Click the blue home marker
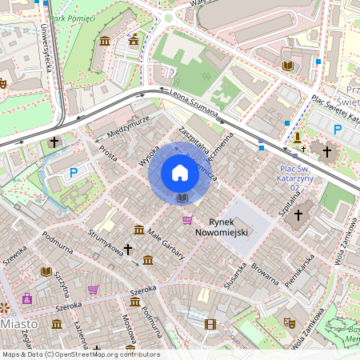pos(180,173)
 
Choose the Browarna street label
pos(264,274)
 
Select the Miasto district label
pos(19,324)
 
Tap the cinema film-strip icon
pos(210,324)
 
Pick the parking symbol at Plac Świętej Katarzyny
pos(337,129)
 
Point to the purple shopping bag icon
pos(27,298)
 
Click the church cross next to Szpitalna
pos(298,214)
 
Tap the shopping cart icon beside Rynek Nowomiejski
pos(187,220)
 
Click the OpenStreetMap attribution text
pos(81,354)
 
